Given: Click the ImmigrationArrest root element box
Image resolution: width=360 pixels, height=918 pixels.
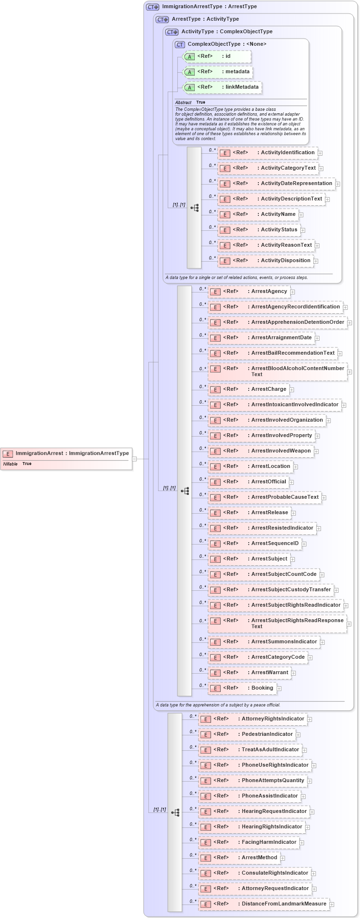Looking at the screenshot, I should (66, 453).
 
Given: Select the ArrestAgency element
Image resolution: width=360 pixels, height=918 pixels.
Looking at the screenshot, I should (268, 292).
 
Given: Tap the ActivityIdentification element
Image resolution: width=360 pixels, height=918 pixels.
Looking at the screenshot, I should (287, 153).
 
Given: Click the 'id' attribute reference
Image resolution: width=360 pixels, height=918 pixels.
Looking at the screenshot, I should (227, 56).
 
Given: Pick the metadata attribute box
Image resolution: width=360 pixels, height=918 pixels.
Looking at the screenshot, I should (237, 72).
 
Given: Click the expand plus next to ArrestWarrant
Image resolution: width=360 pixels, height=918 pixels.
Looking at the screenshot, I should (293, 673).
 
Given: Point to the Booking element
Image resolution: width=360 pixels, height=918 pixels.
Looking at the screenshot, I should (262, 688).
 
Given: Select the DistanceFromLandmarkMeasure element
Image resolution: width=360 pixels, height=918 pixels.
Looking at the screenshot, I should (283, 904).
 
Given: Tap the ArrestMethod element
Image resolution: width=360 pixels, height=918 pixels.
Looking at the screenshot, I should (259, 858).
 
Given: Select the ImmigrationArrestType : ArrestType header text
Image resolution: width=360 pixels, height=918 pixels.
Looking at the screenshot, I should (209, 7).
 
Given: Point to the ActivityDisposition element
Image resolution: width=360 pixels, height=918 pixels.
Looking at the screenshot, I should (285, 261).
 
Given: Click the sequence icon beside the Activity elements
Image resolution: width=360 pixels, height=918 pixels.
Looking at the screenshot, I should (195, 208).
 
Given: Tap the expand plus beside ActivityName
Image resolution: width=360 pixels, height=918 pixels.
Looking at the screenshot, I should (301, 215).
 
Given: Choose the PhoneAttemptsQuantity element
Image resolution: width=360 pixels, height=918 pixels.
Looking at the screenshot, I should (273, 781).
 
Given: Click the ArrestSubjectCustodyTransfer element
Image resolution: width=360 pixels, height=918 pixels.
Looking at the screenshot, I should (291, 590).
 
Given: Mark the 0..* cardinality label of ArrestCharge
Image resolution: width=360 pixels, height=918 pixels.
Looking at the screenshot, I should (202, 386).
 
